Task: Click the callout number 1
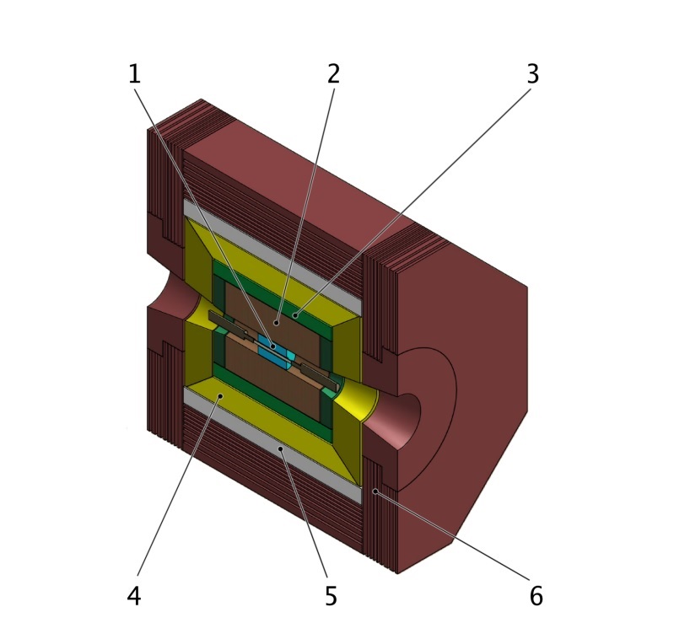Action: pyautogui.click(x=134, y=74)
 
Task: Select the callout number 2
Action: pyautogui.click(x=333, y=74)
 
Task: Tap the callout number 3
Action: pyautogui.click(x=532, y=74)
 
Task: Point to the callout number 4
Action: pyautogui.click(x=134, y=596)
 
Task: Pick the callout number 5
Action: pyautogui.click(x=331, y=596)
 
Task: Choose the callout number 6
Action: pyautogui.click(x=536, y=596)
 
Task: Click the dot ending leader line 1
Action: pyautogui.click(x=272, y=345)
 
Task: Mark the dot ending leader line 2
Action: pyautogui.click(x=278, y=322)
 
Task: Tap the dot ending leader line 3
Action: pyautogui.click(x=295, y=316)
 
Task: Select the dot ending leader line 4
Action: pyautogui.click(x=219, y=395)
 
